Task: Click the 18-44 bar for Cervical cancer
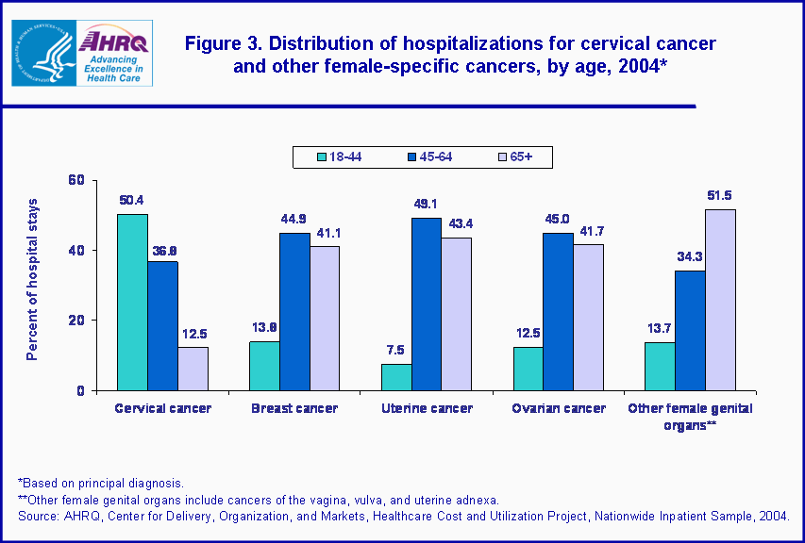pos(132,302)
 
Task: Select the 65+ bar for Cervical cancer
pos(193,368)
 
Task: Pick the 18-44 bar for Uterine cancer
pos(395,376)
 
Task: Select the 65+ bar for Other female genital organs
pos(720,300)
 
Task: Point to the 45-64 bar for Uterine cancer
pos(426,304)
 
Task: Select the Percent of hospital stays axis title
pos(32,280)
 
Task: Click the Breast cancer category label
pos(294,408)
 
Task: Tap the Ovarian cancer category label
pos(558,408)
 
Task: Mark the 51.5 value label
pos(720,195)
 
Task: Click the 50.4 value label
pos(131,200)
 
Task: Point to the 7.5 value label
pos(395,350)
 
